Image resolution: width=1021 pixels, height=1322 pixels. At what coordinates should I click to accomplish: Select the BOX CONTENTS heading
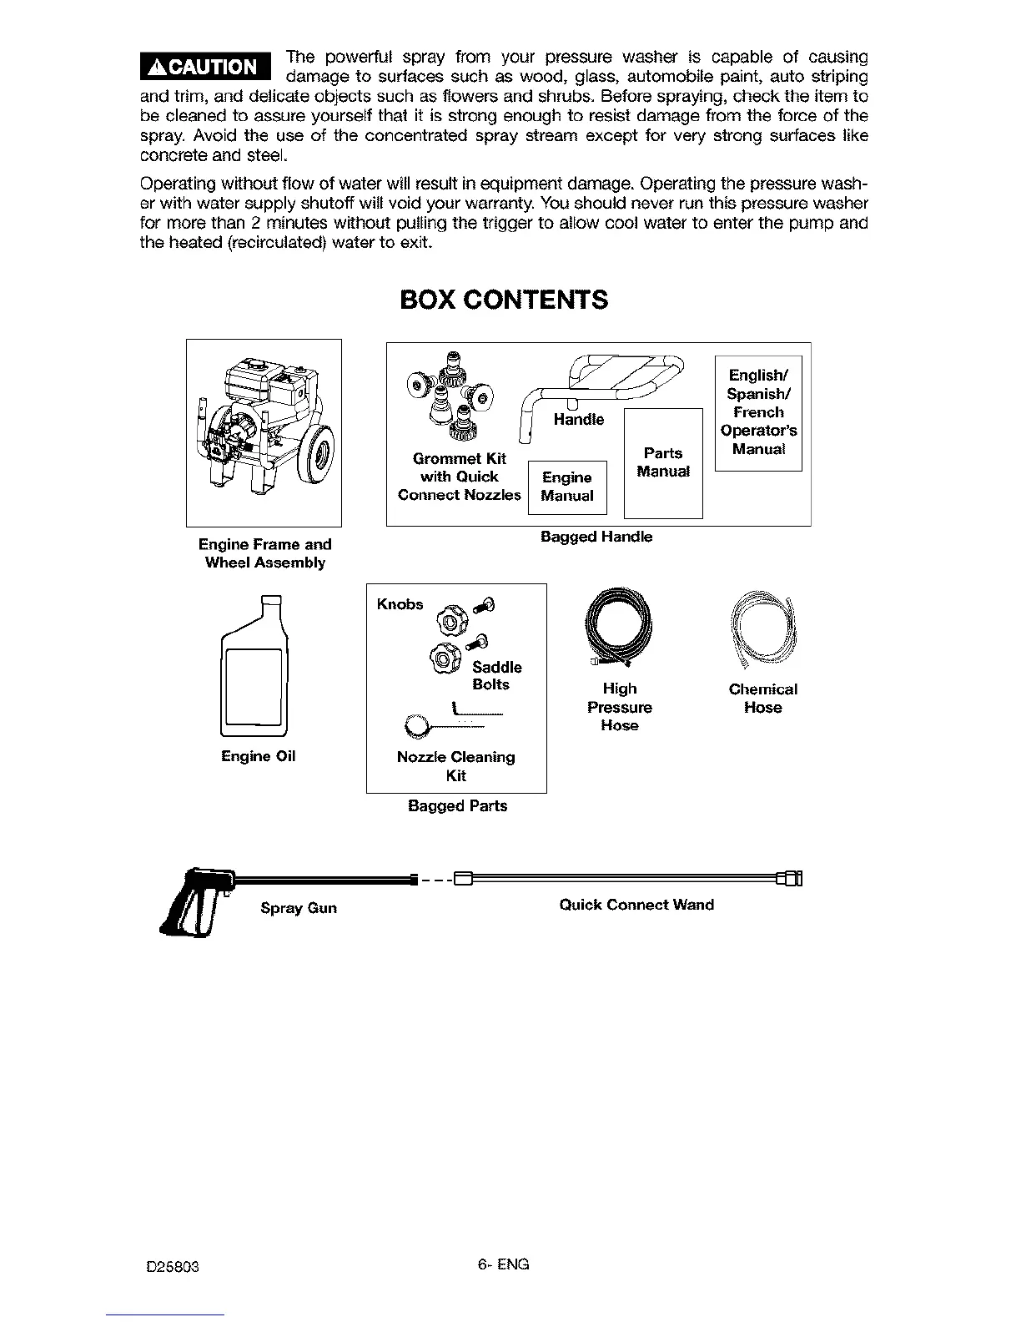pyautogui.click(x=504, y=300)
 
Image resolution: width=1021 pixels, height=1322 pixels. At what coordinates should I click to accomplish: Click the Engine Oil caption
pyautogui.click(x=258, y=756)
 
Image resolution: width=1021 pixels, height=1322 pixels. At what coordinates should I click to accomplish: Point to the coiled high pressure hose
pyautogui.click(x=619, y=628)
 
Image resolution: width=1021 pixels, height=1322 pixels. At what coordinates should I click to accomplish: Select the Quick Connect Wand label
pyautogui.click(x=636, y=905)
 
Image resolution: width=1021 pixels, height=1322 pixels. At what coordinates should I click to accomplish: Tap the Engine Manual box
pyautogui.click(x=567, y=487)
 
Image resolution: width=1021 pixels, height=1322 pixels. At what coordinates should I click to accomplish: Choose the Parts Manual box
pyautogui.click(x=663, y=462)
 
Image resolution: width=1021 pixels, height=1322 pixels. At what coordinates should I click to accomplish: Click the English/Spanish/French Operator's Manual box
pyautogui.click(x=758, y=412)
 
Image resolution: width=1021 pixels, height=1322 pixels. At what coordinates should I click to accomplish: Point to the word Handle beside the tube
pyautogui.click(x=578, y=419)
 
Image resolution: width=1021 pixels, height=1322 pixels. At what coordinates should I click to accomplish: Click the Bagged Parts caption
pyautogui.click(x=457, y=806)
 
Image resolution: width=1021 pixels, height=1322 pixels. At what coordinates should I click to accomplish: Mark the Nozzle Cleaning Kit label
pyautogui.click(x=455, y=766)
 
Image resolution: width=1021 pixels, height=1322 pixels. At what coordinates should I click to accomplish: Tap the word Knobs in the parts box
pyautogui.click(x=400, y=604)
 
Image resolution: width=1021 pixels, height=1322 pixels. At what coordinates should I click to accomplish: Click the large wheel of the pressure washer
pyautogui.click(x=316, y=452)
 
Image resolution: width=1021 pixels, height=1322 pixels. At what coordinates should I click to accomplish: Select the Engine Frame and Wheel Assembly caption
pyautogui.click(x=264, y=553)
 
